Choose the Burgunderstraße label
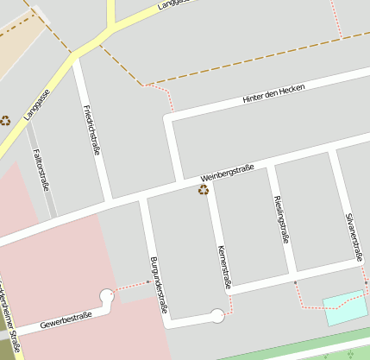158,284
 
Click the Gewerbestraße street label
66,321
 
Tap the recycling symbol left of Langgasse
5,121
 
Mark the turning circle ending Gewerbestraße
107,296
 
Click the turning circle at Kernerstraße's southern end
218,315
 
